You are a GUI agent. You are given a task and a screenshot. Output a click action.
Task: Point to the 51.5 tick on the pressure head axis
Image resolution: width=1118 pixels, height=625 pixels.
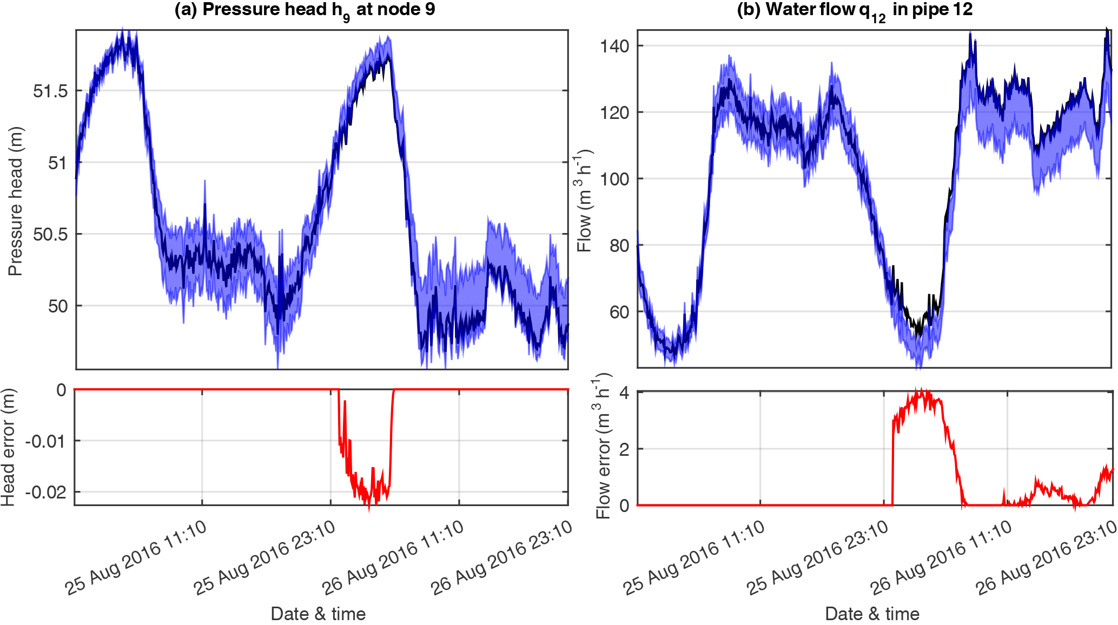(x=50, y=91)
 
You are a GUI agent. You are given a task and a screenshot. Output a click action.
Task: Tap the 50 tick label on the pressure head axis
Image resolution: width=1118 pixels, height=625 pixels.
(x=58, y=306)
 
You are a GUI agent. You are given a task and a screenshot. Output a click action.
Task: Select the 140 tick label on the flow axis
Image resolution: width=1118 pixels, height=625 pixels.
(x=615, y=46)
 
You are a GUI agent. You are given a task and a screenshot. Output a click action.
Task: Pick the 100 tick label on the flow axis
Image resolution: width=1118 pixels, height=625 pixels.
(x=615, y=179)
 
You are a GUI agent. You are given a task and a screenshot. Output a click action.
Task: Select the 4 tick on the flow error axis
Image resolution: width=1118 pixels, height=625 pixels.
(x=624, y=393)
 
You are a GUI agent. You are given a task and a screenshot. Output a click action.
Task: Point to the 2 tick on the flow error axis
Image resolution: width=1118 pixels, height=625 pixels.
(x=624, y=449)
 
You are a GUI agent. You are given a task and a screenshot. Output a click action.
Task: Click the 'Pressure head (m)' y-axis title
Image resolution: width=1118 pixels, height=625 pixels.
(x=15, y=201)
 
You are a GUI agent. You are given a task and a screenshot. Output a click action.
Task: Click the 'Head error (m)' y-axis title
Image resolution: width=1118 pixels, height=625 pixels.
(x=8, y=447)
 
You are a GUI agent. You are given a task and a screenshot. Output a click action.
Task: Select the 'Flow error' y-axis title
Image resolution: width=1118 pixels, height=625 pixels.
(x=603, y=446)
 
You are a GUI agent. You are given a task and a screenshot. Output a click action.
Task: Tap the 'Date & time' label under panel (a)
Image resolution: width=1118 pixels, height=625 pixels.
(x=318, y=614)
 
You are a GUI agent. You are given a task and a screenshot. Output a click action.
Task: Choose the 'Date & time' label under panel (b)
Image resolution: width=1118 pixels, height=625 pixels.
(x=872, y=614)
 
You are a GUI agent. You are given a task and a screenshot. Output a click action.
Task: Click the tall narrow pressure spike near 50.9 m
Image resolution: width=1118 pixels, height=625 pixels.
(x=205, y=184)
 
